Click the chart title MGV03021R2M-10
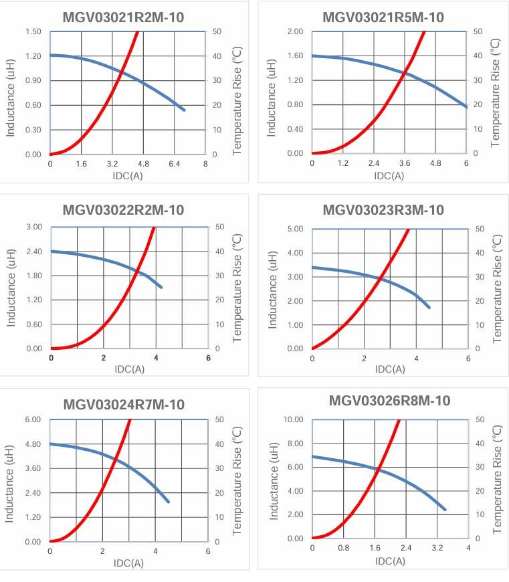click(123, 17)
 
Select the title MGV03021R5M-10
click(383, 17)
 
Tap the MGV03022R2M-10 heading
click(123, 210)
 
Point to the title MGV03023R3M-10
click(383, 210)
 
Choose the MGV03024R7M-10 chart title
click(124, 405)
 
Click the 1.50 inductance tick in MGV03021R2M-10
click(33, 31)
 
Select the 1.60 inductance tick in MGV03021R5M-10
click(294, 56)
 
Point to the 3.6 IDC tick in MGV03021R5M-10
click(405, 163)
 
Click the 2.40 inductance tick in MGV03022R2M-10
click(33, 252)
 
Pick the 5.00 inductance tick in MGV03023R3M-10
click(294, 229)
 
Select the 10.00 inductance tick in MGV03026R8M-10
click(292, 419)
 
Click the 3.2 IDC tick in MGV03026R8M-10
click(437, 548)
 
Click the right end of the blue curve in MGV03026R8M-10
click(445, 510)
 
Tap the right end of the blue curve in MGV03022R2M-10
click(161, 287)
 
